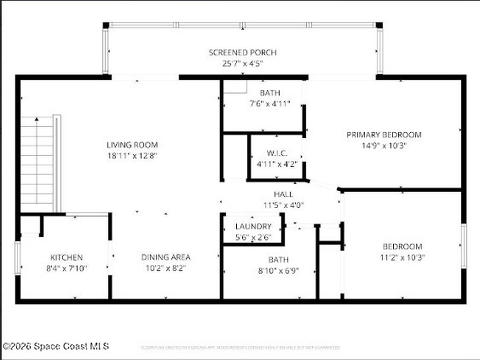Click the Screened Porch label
(x=242, y=52)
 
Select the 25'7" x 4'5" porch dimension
(x=242, y=63)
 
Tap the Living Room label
(x=132, y=145)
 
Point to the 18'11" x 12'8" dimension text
(x=132, y=156)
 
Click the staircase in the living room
(x=37, y=164)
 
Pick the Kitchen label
(x=67, y=257)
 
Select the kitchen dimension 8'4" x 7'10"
(x=67, y=269)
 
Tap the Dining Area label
(x=166, y=257)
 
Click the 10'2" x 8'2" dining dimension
(x=166, y=269)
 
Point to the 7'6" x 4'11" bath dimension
(x=270, y=104)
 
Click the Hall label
(x=284, y=194)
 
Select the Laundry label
(x=253, y=226)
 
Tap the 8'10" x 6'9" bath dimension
(x=278, y=270)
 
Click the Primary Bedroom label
(x=384, y=135)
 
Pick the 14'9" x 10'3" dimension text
(x=384, y=145)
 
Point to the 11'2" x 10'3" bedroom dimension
(x=402, y=257)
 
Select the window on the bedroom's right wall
(x=464, y=246)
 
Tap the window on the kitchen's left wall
(x=18, y=257)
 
